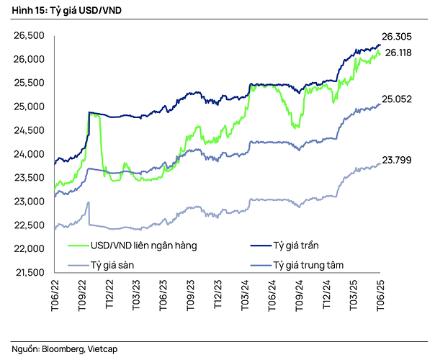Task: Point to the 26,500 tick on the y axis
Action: [x=30, y=35]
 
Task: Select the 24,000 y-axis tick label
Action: [x=30, y=154]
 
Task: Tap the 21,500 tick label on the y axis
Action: [x=30, y=272]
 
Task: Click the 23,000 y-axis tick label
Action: [x=30, y=202]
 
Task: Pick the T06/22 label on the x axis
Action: [x=54, y=292]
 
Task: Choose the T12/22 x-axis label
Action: [x=109, y=292]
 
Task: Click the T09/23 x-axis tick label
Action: [x=190, y=292]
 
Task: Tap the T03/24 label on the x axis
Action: [x=245, y=292]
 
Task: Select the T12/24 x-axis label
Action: [x=326, y=292]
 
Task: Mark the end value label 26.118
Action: [x=399, y=53]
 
